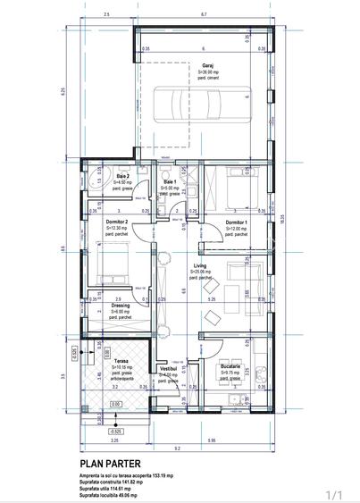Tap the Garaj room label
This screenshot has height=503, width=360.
point(207,65)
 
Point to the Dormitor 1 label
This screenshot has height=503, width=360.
point(236,222)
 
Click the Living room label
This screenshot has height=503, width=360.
point(202,265)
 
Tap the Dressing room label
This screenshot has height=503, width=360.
point(120,305)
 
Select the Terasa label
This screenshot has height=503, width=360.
point(121,361)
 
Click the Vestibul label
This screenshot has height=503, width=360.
point(168,368)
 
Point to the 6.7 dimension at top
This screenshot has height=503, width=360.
point(205,14)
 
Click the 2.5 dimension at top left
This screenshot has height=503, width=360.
point(106,14)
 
